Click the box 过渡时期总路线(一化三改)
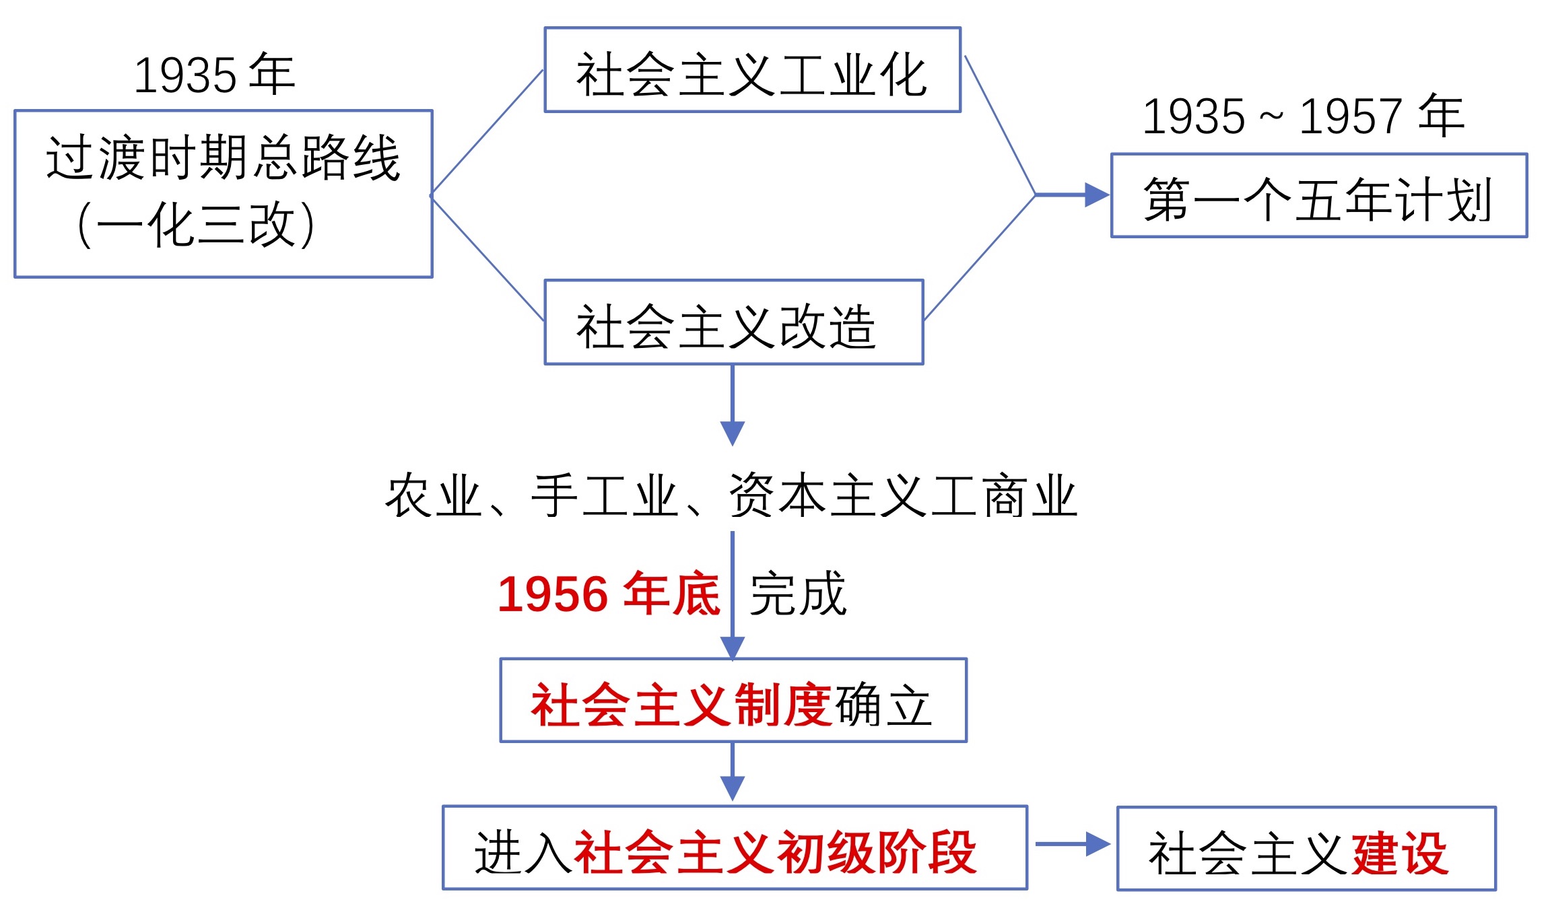coord(223,193)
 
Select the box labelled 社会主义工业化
coord(752,70)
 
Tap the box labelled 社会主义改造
coord(733,322)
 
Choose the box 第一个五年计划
coord(1318,196)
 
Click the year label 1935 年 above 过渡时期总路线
coord(215,74)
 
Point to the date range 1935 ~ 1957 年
coord(1303,116)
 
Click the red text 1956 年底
coord(609,594)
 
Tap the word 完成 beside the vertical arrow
coord(798,594)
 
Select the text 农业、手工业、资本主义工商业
coord(731,496)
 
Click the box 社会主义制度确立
coord(733,700)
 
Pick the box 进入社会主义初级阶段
coord(735,847)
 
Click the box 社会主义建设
coord(1306,849)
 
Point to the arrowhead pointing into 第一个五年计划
coord(1096,195)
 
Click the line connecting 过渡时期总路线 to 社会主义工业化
coord(487,133)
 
